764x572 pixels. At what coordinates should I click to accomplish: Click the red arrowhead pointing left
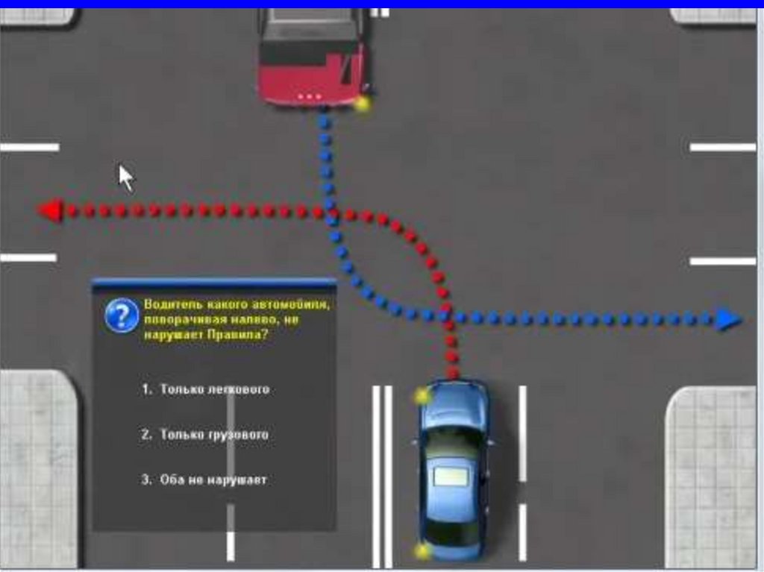click(50, 211)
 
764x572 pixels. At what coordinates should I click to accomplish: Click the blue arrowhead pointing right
click(729, 320)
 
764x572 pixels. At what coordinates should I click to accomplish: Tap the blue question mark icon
click(122, 315)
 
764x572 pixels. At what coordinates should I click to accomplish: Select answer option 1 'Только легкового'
click(205, 389)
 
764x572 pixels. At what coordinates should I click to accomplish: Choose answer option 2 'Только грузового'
click(204, 434)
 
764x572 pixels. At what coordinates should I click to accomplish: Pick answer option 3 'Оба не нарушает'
click(204, 480)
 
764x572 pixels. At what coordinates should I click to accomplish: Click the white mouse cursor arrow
click(126, 177)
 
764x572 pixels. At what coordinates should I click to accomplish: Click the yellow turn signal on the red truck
click(363, 104)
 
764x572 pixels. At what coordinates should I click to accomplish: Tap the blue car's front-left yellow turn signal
click(423, 395)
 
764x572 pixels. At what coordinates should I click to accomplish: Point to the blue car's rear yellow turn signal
click(423, 551)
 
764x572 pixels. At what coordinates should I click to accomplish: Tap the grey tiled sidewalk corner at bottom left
click(37, 470)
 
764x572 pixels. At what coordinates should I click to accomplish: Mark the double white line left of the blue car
click(382, 477)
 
